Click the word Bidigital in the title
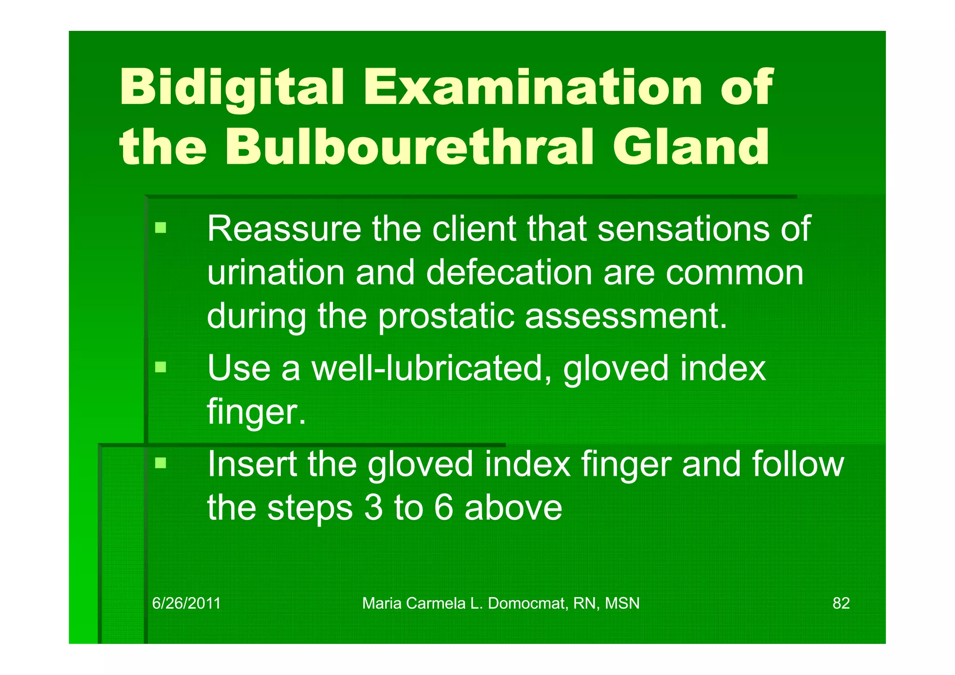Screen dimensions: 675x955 232,88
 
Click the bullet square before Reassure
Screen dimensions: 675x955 161,228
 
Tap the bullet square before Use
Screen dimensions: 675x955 161,367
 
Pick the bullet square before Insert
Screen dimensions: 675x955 161,463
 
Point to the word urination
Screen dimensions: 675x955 276,272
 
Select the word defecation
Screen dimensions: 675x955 509,272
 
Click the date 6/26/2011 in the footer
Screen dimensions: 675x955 187,604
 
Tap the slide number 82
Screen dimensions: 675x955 841,604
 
